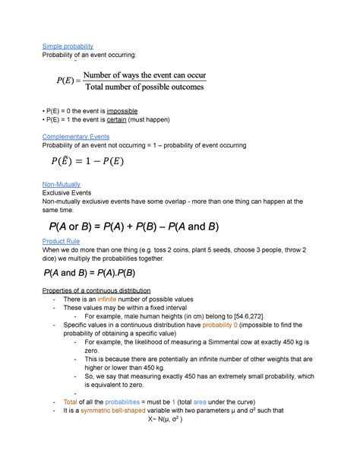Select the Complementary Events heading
[76, 137]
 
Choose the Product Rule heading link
[62, 241]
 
